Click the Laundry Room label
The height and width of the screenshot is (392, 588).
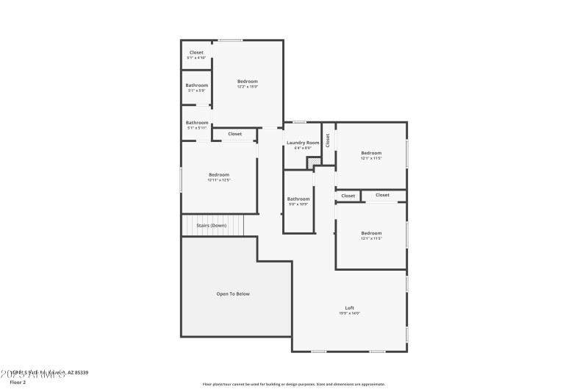click(303, 142)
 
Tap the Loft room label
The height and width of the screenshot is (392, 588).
click(350, 307)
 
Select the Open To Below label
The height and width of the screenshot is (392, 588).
click(233, 293)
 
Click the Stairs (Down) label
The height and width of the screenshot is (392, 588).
click(212, 225)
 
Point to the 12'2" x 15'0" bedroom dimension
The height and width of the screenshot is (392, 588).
click(248, 87)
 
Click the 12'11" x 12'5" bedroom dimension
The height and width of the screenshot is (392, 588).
click(219, 180)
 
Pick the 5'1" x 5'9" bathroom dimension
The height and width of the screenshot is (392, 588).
click(196, 90)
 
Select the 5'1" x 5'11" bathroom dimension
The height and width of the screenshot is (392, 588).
click(196, 128)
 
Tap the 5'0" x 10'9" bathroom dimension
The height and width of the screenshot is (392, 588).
click(298, 204)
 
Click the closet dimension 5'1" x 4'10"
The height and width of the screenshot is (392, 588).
click(196, 58)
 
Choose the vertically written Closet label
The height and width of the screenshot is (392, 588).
click(328, 140)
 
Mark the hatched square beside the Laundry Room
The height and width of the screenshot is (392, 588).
click(314, 162)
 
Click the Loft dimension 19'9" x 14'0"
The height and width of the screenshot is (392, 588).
click(350, 313)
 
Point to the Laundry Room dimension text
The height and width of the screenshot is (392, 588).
click(303, 148)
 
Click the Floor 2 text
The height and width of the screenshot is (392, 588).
click(18, 382)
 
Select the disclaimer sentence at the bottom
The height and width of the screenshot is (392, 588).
click(293, 384)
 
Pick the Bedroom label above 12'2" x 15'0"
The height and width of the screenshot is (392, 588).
click(248, 81)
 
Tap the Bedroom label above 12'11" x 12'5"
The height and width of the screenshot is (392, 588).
click(219, 174)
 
